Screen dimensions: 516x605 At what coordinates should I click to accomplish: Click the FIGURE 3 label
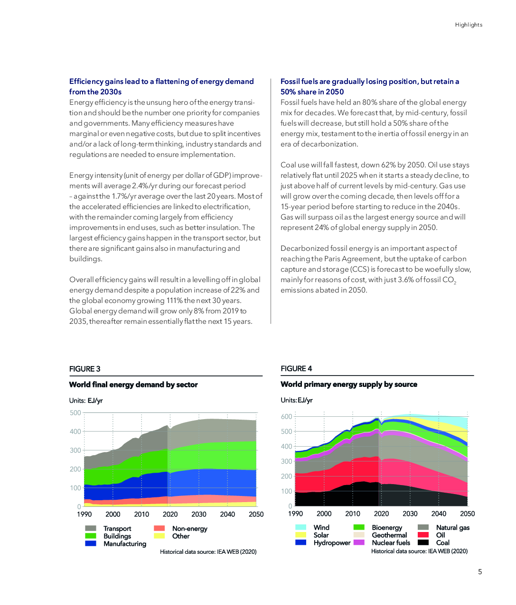(x=84, y=369)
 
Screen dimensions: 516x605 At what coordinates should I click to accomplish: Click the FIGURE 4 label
(x=296, y=368)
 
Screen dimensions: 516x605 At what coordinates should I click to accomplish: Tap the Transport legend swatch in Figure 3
(x=91, y=528)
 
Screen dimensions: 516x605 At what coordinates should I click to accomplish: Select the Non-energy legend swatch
(x=159, y=528)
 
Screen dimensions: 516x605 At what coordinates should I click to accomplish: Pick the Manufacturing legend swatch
(x=91, y=543)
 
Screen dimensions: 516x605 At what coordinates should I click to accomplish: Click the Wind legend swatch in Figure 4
(x=300, y=527)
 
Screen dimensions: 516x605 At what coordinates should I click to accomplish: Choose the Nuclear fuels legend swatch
(x=359, y=542)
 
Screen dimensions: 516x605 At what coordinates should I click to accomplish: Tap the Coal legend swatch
(x=423, y=542)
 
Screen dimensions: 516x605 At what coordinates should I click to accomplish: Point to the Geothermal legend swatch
(x=359, y=535)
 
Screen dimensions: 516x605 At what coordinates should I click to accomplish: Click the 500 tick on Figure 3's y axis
(x=75, y=412)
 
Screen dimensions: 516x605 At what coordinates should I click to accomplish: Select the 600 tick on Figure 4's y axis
(x=287, y=416)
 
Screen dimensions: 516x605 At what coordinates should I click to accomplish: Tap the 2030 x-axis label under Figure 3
(x=199, y=514)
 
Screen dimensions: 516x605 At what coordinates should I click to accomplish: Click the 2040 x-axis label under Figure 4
(x=439, y=513)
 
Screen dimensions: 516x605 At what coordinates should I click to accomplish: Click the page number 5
(x=479, y=572)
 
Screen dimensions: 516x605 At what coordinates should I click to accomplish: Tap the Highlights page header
(x=469, y=25)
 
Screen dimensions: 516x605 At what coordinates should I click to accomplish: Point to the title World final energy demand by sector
(x=133, y=385)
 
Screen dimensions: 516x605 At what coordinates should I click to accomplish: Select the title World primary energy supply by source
(x=349, y=385)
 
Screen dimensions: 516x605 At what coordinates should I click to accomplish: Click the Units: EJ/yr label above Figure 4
(x=297, y=400)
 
